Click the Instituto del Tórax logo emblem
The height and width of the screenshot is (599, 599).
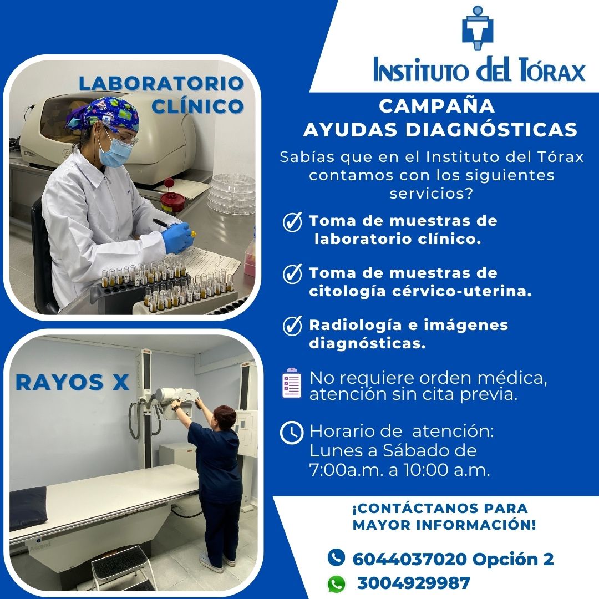click(x=478, y=28)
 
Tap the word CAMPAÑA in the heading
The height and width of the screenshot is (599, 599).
click(x=436, y=105)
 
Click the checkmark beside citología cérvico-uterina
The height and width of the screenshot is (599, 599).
click(x=292, y=273)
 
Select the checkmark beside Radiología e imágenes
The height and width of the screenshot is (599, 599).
click(x=292, y=326)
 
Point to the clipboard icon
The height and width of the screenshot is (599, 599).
click(x=292, y=383)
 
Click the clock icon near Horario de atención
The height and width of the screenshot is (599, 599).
click(x=292, y=433)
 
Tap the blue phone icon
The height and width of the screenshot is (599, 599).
click(x=336, y=557)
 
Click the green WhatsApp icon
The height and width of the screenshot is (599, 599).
click(x=336, y=584)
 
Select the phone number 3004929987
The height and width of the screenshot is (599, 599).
click(x=413, y=583)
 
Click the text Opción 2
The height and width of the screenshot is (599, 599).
click(x=513, y=560)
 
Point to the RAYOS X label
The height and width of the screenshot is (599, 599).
click(x=72, y=382)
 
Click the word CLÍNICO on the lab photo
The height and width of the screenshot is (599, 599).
click(x=197, y=106)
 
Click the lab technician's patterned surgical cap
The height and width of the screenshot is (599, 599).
click(x=103, y=113)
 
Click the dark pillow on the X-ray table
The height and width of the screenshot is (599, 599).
click(x=28, y=508)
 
